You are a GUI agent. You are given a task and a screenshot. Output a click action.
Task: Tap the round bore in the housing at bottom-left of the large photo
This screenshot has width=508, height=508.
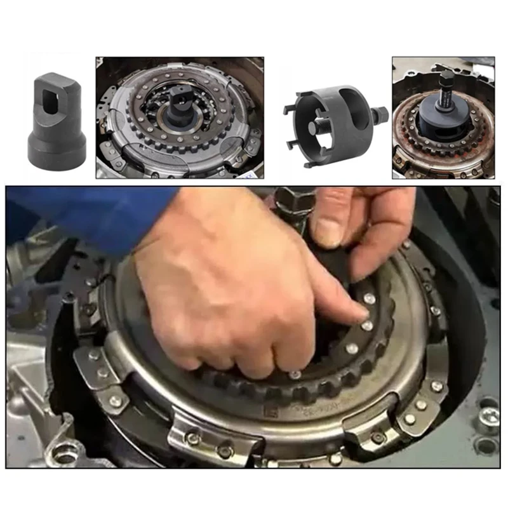[63, 455]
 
